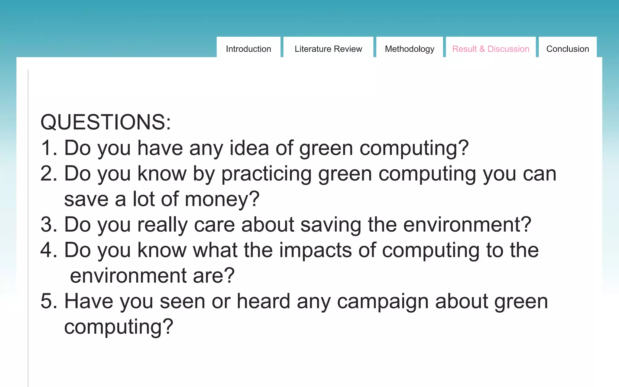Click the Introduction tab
point(248,49)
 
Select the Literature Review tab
point(328,49)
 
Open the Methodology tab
point(410,49)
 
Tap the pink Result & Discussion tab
point(491,49)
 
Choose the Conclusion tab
point(568,49)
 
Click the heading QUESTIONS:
point(106,122)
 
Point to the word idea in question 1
point(249,148)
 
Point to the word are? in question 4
point(214,276)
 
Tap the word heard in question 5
point(263,301)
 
